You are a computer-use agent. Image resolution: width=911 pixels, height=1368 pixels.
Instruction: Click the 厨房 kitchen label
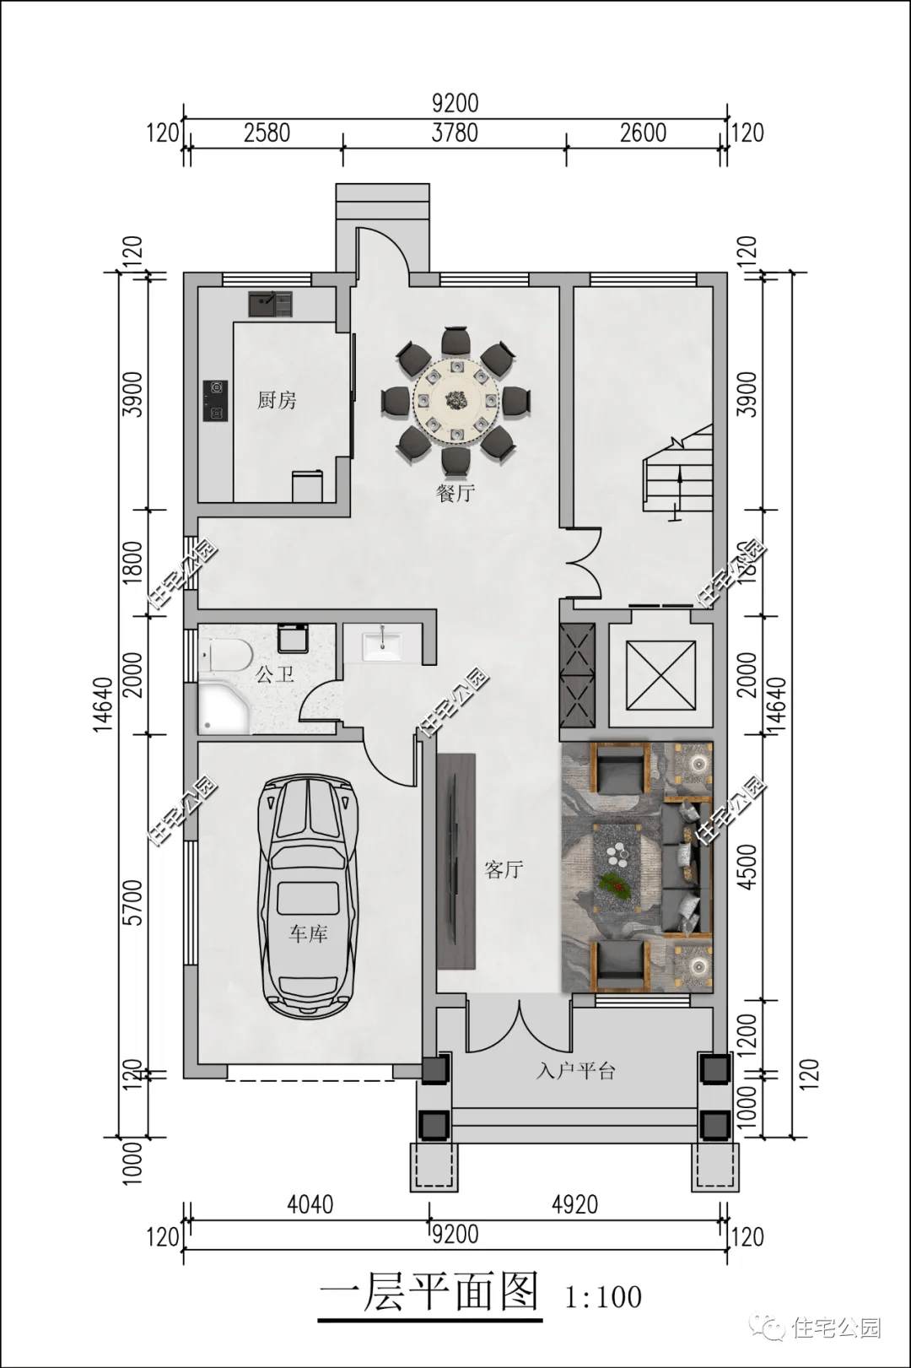coord(277,401)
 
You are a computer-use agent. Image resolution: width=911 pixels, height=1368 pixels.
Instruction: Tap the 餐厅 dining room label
coord(455,493)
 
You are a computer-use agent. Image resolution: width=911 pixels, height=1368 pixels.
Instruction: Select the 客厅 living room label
coord(504,869)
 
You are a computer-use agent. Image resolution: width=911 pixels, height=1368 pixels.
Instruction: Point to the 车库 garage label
coord(309,933)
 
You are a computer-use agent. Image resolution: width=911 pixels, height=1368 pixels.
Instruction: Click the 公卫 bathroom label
coord(275,675)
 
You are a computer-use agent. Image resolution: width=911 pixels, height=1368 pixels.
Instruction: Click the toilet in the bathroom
coord(230,655)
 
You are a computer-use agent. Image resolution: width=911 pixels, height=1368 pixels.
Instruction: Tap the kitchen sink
coord(271,304)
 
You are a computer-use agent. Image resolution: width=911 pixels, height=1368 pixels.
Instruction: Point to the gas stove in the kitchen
coord(216,401)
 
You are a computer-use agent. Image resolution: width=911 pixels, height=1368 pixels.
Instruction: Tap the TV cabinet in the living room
coord(456,861)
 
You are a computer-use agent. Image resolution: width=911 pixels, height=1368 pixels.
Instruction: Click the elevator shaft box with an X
coord(661,675)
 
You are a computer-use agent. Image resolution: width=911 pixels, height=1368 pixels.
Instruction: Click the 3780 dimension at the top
coord(455,133)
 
